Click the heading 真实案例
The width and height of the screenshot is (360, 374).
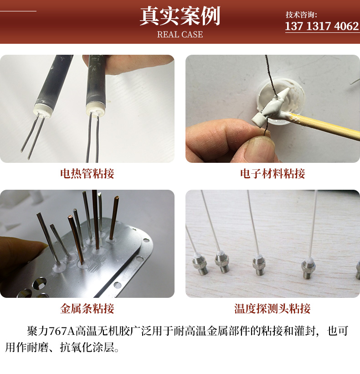click(180, 16)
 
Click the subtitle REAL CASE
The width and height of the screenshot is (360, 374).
click(180, 35)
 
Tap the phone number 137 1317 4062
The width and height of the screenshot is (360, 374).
click(322, 26)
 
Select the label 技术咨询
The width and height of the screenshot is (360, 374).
click(301, 15)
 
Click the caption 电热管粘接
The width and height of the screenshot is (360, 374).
click(87, 173)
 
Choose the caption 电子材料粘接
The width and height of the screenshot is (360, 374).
click(273, 173)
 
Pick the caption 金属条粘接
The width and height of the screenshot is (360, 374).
click(87, 308)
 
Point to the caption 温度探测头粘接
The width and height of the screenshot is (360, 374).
click(273, 308)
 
